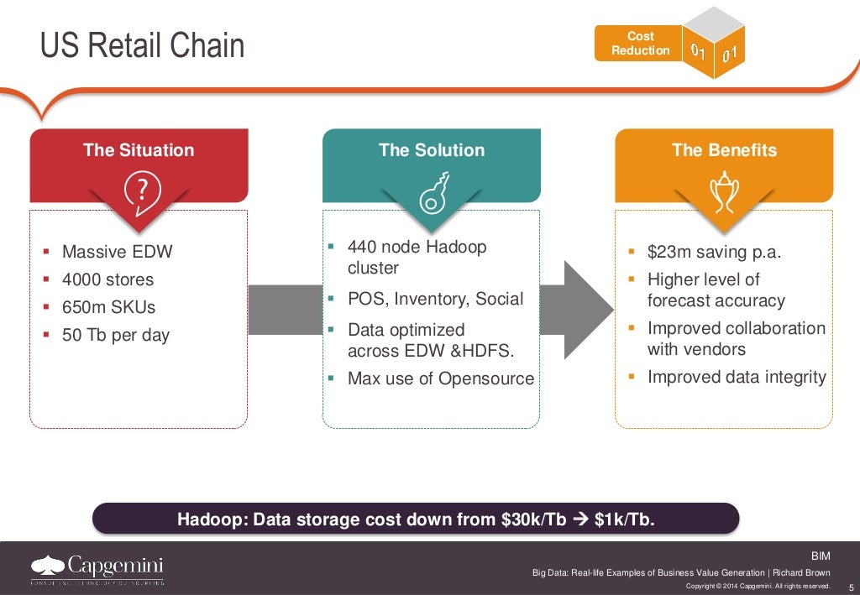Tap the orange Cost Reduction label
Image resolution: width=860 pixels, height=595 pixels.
tap(640, 43)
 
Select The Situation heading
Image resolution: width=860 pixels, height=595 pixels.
tap(139, 150)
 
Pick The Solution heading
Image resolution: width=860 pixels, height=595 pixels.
tap(432, 150)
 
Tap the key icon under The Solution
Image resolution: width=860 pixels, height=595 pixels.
tap(433, 194)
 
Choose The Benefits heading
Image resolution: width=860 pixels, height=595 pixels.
tap(724, 150)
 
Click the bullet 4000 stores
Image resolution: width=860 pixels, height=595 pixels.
tap(107, 279)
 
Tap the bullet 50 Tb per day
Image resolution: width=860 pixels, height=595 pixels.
tap(116, 335)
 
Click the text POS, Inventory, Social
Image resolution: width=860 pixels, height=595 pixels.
tap(435, 299)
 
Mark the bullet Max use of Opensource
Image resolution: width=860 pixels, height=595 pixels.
tap(441, 378)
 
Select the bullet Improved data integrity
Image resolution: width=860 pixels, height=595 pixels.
tap(737, 377)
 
